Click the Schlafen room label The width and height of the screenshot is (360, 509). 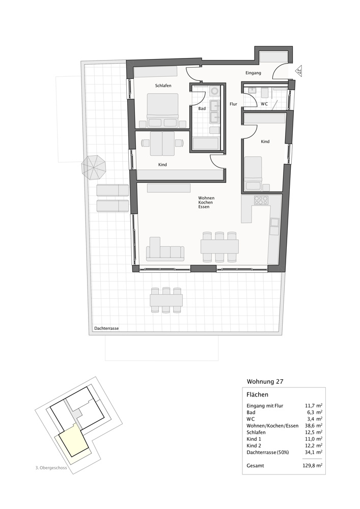click(x=163, y=86)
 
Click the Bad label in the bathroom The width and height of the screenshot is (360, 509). click(x=202, y=108)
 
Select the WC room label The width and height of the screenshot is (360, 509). click(x=264, y=104)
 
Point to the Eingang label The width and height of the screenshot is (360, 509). click(x=253, y=73)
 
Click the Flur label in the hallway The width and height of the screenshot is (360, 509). click(x=233, y=104)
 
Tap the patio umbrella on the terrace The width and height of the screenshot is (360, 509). click(x=93, y=166)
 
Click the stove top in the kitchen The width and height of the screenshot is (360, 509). click(x=261, y=200)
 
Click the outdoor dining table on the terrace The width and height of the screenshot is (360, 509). click(x=166, y=301)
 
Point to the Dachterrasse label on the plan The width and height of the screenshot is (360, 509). click(x=106, y=329)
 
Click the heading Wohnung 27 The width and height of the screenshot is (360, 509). click(x=265, y=381)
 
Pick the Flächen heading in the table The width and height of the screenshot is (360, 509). click(x=258, y=394)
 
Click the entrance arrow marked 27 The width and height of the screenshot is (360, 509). click(x=299, y=72)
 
